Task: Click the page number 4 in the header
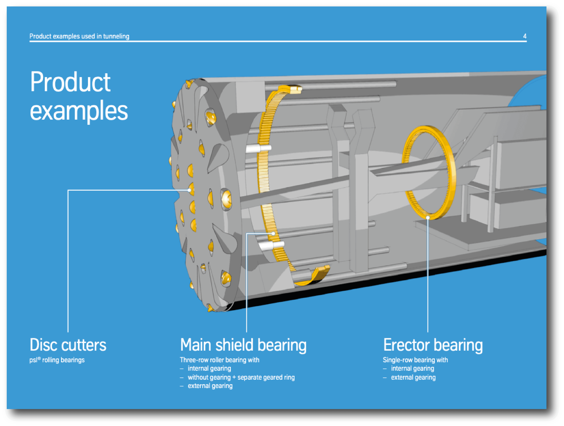click(x=524, y=36)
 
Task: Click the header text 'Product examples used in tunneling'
click(x=79, y=36)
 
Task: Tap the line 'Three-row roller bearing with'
click(x=220, y=360)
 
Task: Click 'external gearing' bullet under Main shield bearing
click(x=210, y=386)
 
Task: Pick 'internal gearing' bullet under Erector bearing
click(x=412, y=368)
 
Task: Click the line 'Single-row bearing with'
click(x=415, y=360)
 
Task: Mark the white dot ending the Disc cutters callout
click(x=189, y=190)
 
